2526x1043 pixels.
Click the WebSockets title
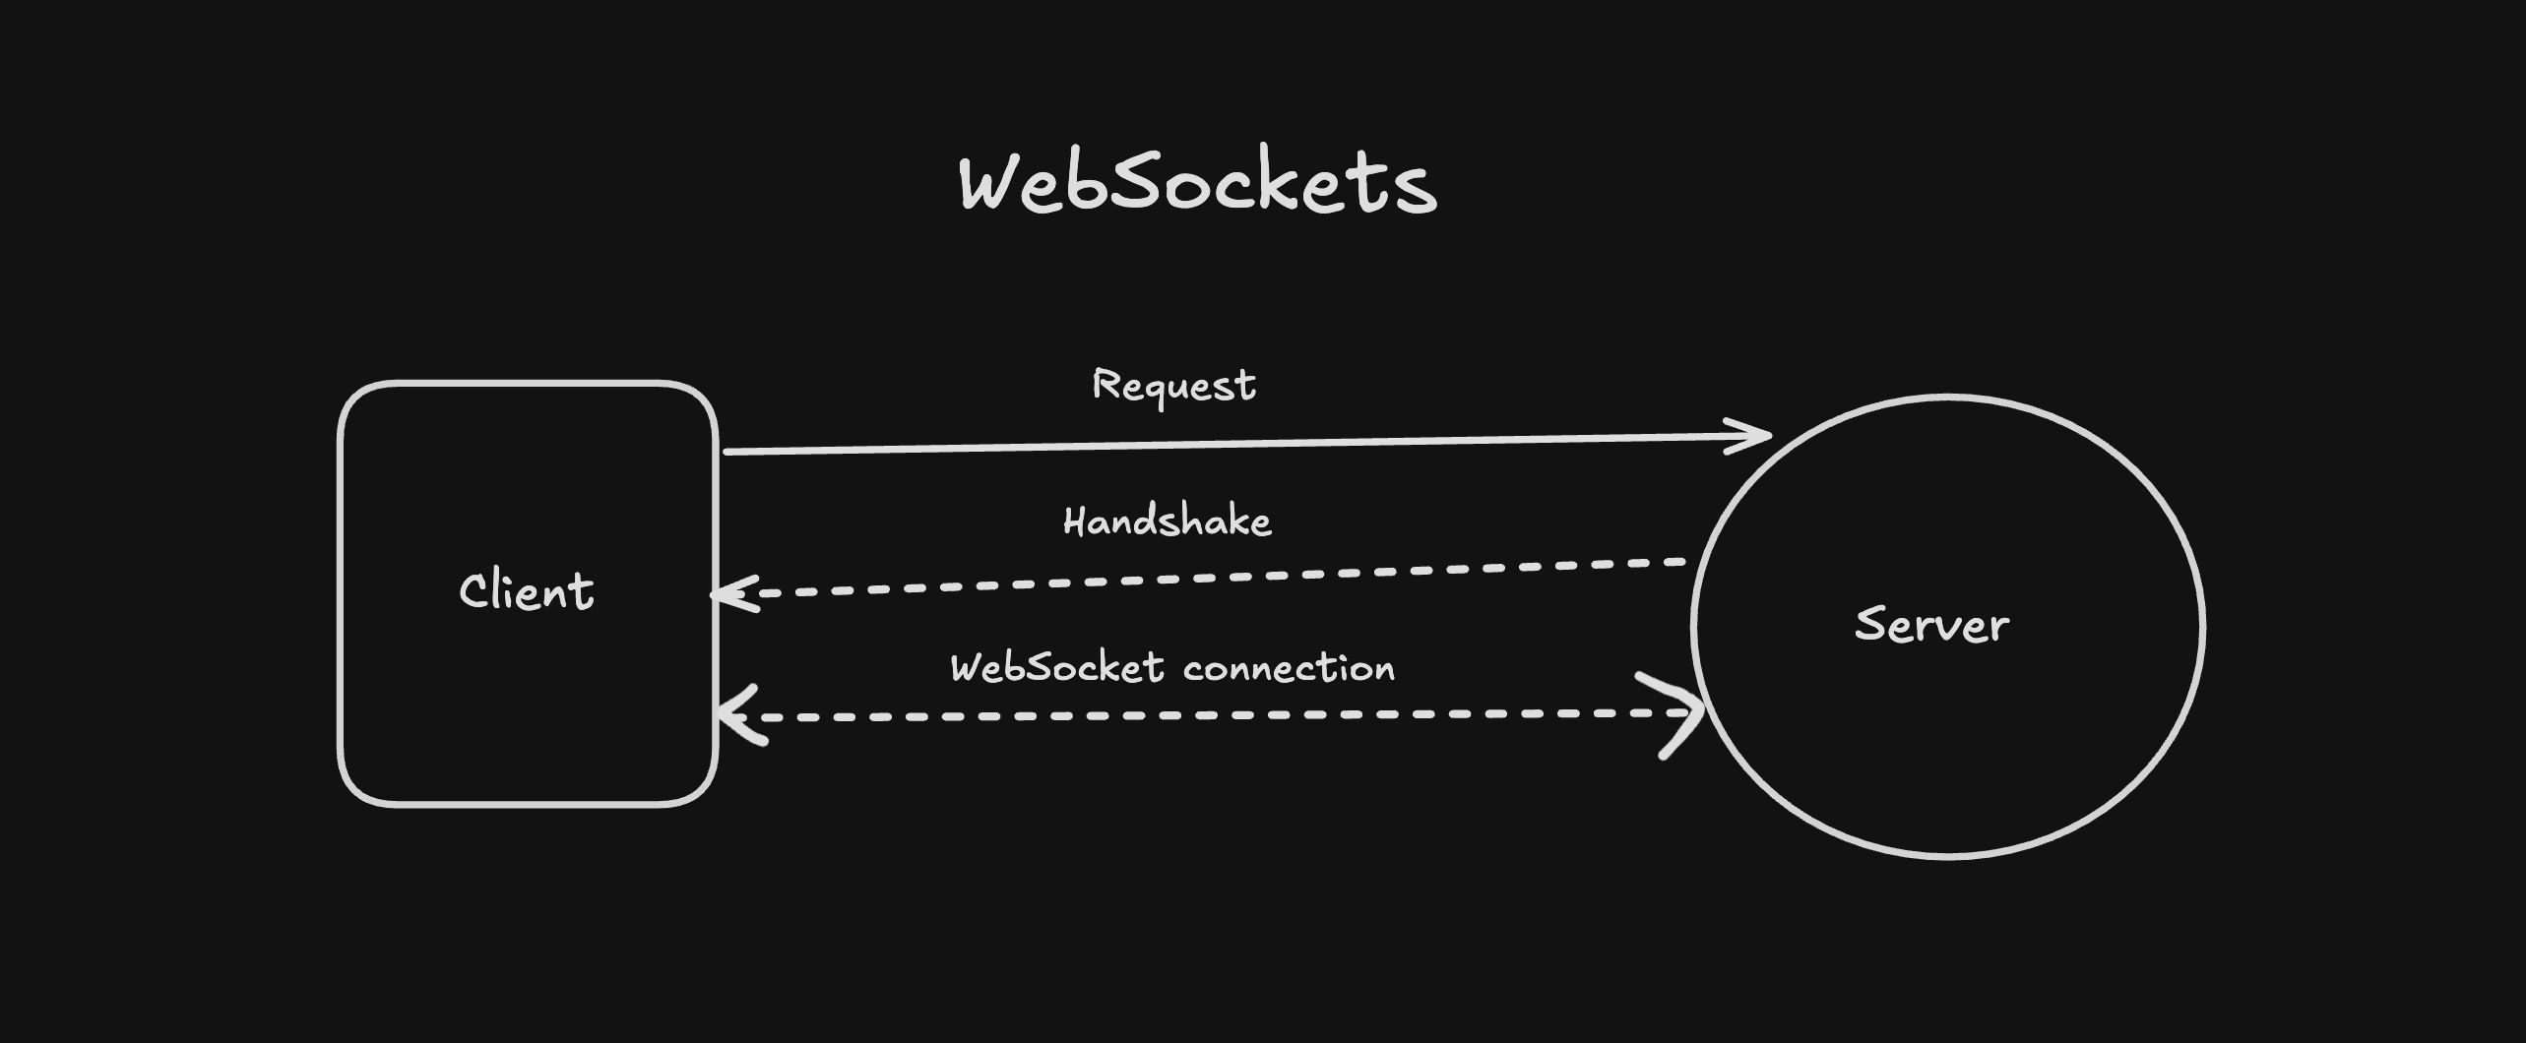pos(1198,184)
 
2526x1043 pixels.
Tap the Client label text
pos(527,591)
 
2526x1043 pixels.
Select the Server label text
pos(1931,625)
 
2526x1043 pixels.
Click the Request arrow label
pos(1173,386)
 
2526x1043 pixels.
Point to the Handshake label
pos(1168,521)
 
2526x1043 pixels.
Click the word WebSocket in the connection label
pos(1057,668)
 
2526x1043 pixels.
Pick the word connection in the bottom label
pos(1289,668)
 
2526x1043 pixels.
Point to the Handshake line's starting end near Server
pos(1681,563)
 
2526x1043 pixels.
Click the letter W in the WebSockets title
pos(991,184)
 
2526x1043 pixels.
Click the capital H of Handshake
pos(1074,521)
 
